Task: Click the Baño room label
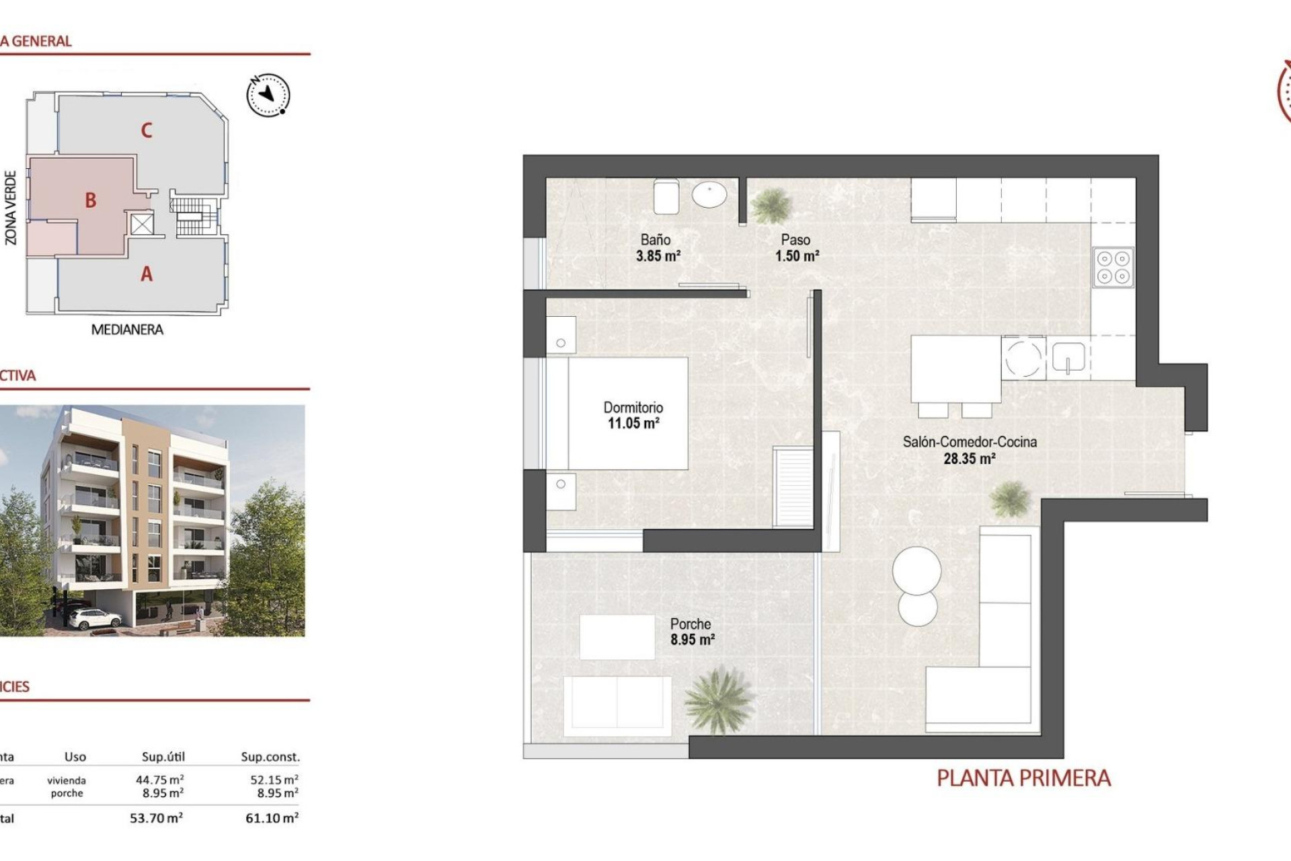[655, 239]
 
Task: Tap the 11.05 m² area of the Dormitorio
[633, 424]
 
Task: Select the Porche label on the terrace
[690, 624]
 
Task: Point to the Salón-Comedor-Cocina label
[969, 442]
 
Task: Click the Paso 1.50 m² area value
[797, 256]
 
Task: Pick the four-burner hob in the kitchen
[1113, 267]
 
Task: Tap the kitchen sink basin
[1068, 358]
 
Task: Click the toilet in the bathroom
[666, 196]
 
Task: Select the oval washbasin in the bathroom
[709, 196]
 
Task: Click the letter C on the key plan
[147, 130]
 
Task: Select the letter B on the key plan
[91, 200]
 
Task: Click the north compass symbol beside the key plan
[268, 95]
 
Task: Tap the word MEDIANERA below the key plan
[127, 330]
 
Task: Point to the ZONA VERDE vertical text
[11, 207]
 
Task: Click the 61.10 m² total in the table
[272, 819]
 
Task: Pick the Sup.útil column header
[163, 757]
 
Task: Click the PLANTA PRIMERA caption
[1023, 778]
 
